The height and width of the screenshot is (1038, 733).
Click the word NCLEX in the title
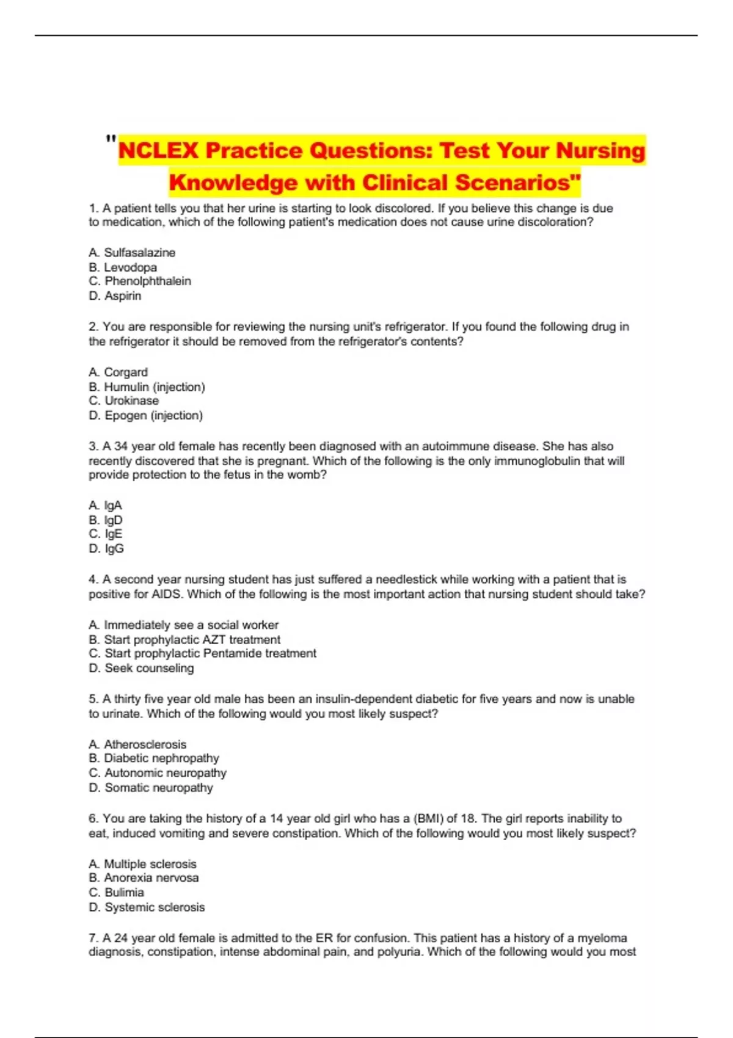coord(158,150)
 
